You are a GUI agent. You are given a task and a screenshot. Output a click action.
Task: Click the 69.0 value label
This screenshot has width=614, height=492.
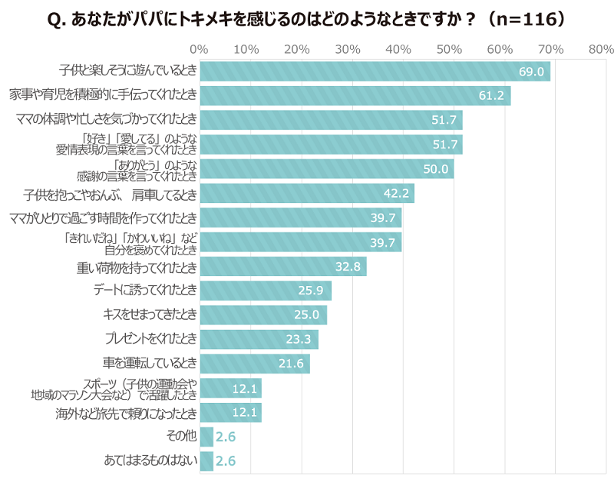click(x=531, y=72)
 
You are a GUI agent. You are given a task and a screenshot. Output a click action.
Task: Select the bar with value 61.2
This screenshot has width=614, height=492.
click(x=355, y=96)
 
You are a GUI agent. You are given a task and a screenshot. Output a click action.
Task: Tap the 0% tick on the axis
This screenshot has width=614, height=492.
click(x=199, y=50)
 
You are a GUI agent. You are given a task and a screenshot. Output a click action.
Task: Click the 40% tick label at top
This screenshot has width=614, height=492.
click(x=399, y=50)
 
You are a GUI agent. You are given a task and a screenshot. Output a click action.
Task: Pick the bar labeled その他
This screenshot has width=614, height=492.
click(x=206, y=437)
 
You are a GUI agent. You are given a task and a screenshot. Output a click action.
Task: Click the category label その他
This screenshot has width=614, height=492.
click(x=181, y=437)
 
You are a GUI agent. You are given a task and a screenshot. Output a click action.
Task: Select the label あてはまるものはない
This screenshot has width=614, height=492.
click(x=150, y=461)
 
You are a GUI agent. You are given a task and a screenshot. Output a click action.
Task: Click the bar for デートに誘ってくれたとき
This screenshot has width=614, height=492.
click(x=265, y=291)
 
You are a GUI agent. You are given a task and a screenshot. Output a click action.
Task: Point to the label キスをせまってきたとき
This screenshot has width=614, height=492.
click(x=150, y=315)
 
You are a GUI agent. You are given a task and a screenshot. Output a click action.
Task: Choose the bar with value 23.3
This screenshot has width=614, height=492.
click(x=259, y=339)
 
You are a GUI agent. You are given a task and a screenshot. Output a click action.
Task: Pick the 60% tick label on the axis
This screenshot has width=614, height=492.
click(x=500, y=50)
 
